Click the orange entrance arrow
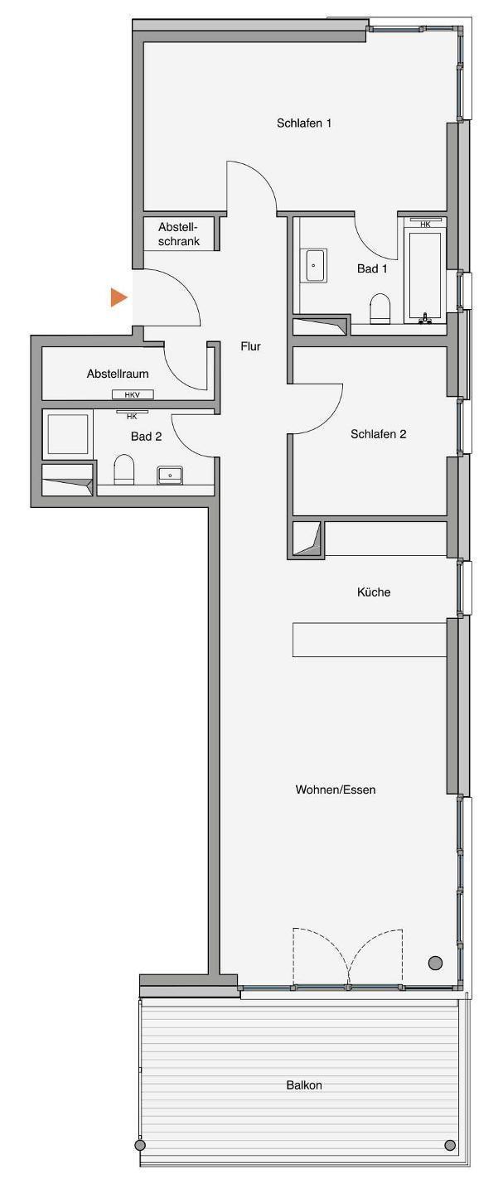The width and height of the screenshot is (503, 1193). coord(118,297)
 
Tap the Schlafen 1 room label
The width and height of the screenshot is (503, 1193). coord(304,123)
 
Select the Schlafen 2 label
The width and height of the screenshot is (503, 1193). coord(379,434)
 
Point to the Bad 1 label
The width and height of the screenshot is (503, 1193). coord(372,269)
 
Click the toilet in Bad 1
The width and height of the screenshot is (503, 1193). coord(380,308)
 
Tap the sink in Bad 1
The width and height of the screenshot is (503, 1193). coord(314,265)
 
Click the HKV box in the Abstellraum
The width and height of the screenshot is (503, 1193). coord(133,394)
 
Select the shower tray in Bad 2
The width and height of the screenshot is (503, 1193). coord(68,434)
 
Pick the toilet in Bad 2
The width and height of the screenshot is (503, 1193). coord(125,469)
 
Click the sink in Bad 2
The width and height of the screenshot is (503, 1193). coord(170,475)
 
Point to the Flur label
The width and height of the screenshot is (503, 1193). coord(250,346)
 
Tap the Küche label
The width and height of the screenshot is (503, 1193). coord(374,592)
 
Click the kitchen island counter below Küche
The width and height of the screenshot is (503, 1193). coord(370,639)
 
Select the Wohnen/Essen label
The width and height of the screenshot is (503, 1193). coord(336,790)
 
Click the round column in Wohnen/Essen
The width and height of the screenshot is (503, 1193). coord(436,963)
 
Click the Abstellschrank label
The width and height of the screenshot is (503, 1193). coord(179,234)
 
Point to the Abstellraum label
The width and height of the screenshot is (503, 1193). coord(118,374)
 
